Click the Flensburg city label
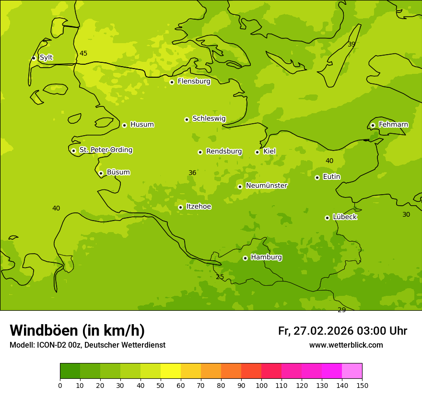click(x=194, y=82)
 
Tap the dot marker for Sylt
click(x=34, y=58)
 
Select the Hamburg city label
click(x=266, y=258)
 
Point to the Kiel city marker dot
click(x=257, y=152)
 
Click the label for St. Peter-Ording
click(x=105, y=150)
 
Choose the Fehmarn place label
click(x=393, y=125)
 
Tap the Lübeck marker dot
click(x=327, y=218)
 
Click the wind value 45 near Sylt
click(x=83, y=53)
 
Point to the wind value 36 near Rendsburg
click(x=192, y=173)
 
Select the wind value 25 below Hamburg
click(x=220, y=277)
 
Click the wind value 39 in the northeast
click(x=352, y=44)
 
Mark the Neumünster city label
click(x=266, y=186)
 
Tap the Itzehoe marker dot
click(x=180, y=207)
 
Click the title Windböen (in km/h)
click(x=77, y=330)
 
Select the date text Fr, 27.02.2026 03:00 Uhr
click(x=342, y=331)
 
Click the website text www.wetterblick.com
click(x=346, y=345)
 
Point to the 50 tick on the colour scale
click(x=161, y=385)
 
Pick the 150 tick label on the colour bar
click(x=362, y=385)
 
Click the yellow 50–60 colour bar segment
click(x=171, y=371)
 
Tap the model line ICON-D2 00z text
click(x=87, y=345)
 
